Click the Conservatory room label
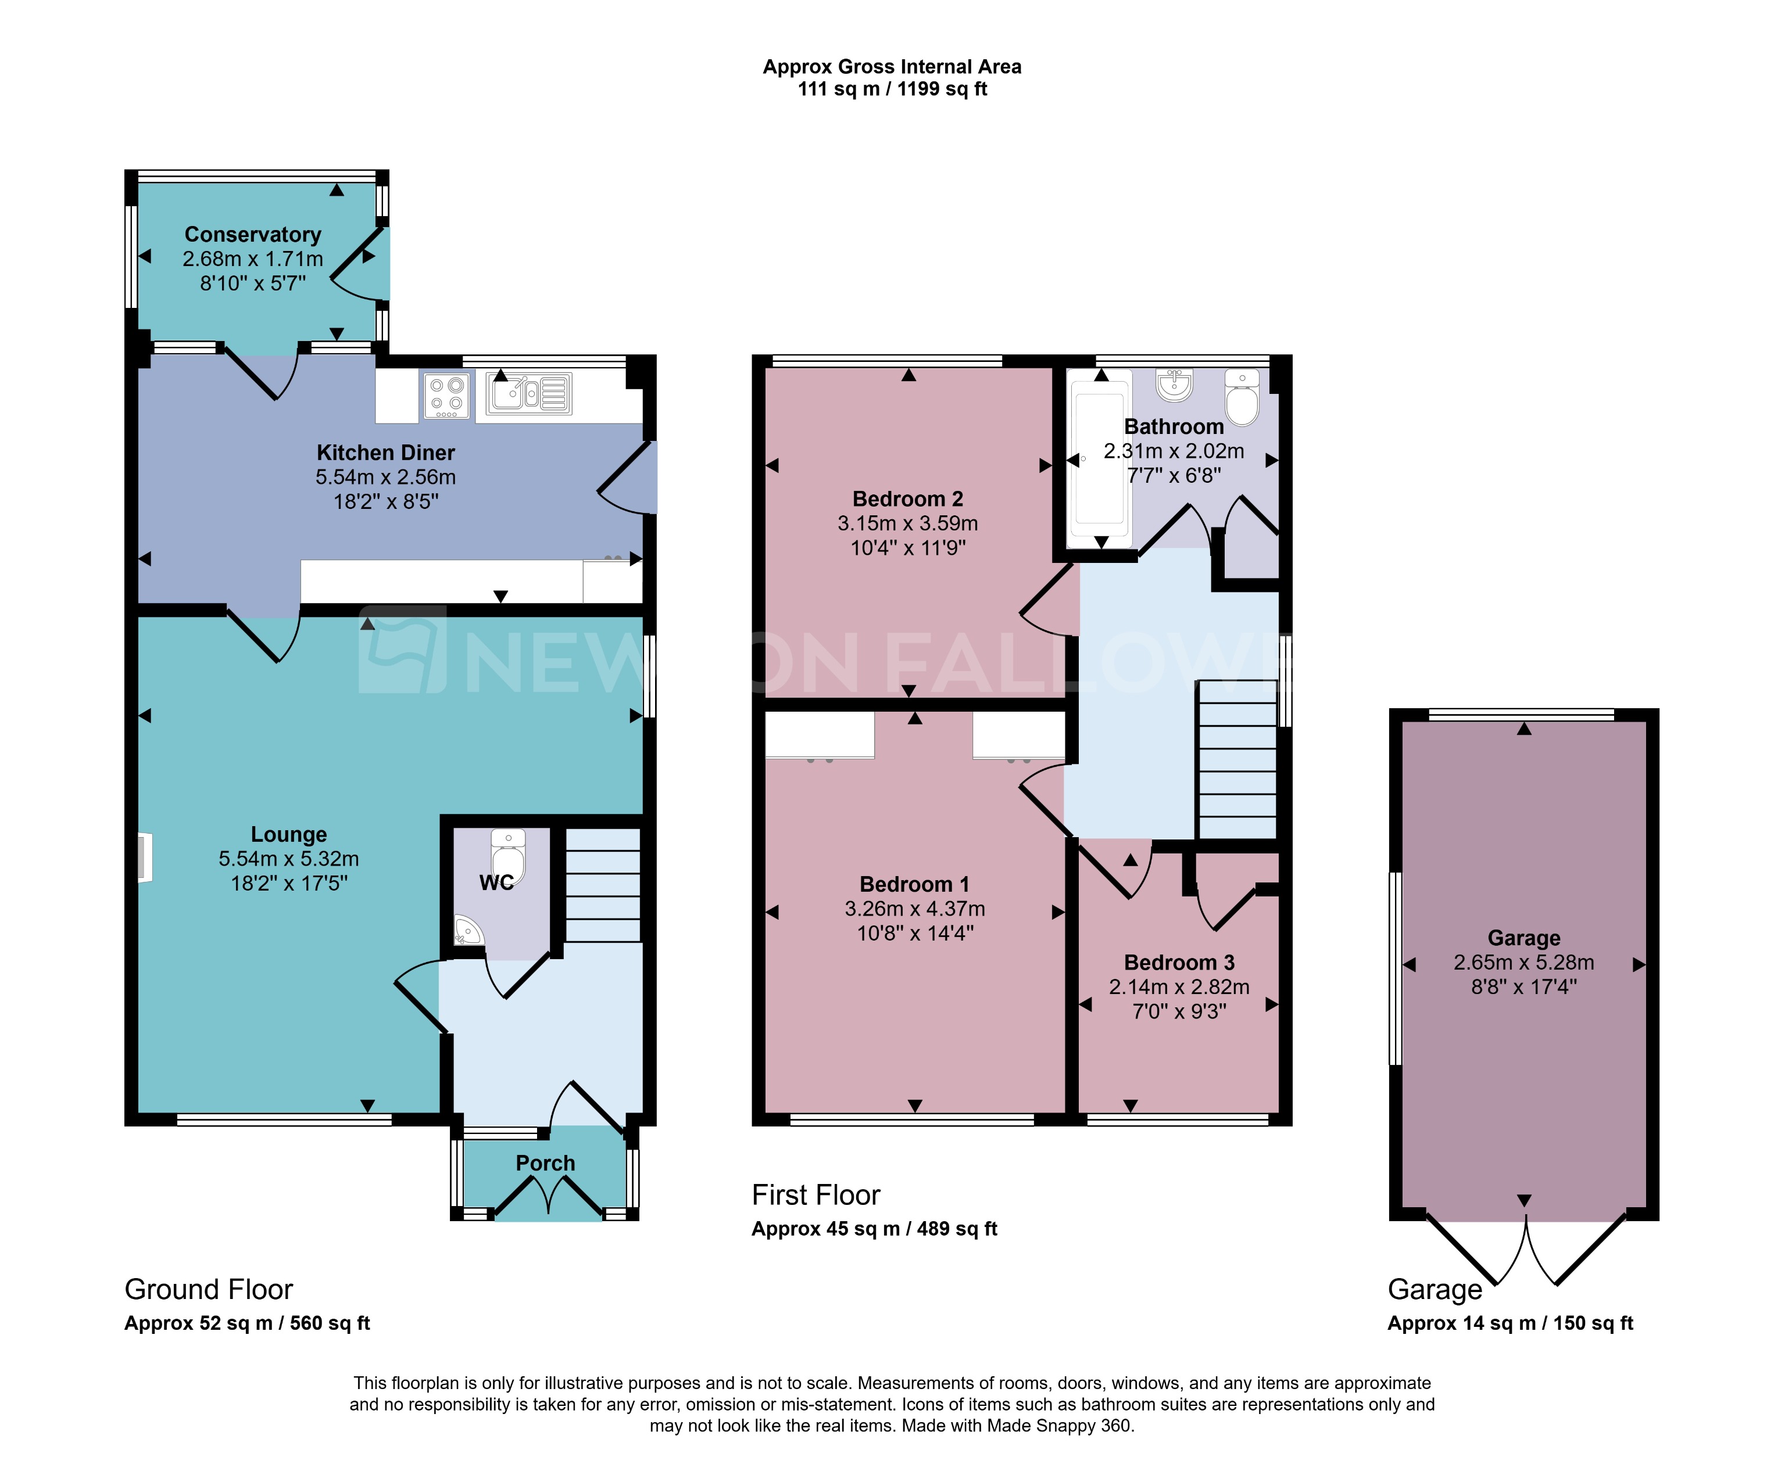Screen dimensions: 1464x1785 click(252, 235)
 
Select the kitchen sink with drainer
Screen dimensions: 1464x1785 click(529, 394)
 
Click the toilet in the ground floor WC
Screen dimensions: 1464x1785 click(508, 855)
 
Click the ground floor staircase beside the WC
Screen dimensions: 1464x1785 click(602, 885)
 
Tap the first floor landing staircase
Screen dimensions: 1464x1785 click(1237, 759)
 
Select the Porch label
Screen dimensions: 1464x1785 click(545, 1163)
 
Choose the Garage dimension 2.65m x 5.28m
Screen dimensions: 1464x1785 click(1523, 962)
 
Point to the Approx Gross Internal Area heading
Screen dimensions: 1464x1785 click(892, 67)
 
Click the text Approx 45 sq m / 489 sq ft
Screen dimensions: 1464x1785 click(874, 1229)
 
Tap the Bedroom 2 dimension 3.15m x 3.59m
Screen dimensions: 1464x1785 click(908, 523)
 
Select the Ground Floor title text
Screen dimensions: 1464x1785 click(208, 1290)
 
